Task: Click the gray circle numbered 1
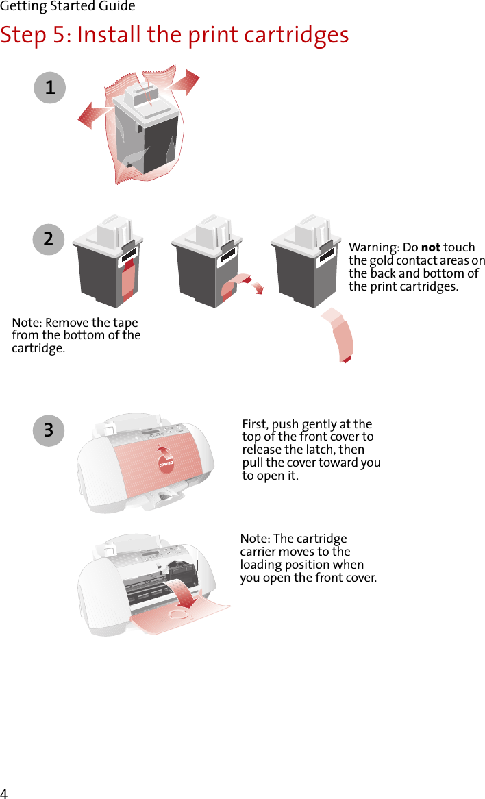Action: pyautogui.click(x=50, y=88)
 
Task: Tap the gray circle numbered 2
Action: pyautogui.click(x=48, y=240)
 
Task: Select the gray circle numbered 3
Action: pyautogui.click(x=48, y=430)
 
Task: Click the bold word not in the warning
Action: pyautogui.click(x=430, y=247)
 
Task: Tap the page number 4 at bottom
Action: pyautogui.click(x=4, y=793)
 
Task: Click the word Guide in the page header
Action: pyautogui.click(x=117, y=7)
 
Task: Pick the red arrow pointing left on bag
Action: pyautogui.click(x=93, y=115)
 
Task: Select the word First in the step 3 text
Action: pyautogui.click(x=255, y=424)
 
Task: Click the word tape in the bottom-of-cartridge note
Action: pyautogui.click(x=126, y=323)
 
